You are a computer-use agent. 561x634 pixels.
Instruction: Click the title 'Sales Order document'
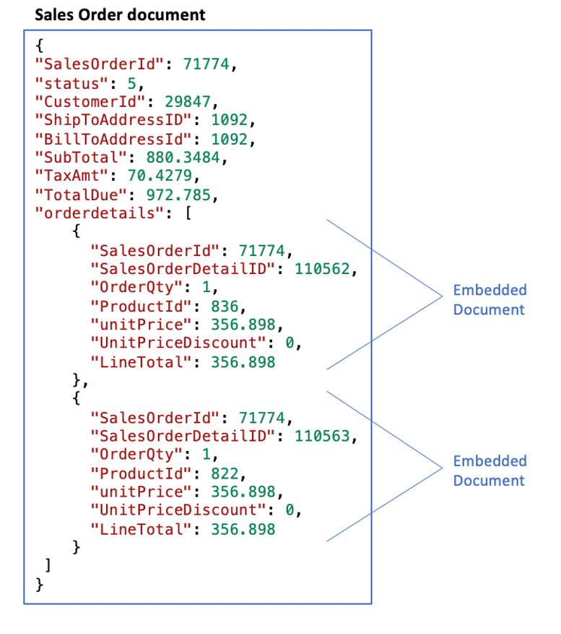coord(120,14)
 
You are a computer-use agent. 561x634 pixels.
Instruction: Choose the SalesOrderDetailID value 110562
coord(326,269)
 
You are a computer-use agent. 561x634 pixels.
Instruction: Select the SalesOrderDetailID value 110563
coord(326,436)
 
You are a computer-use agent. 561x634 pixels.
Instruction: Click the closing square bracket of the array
coord(48,565)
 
